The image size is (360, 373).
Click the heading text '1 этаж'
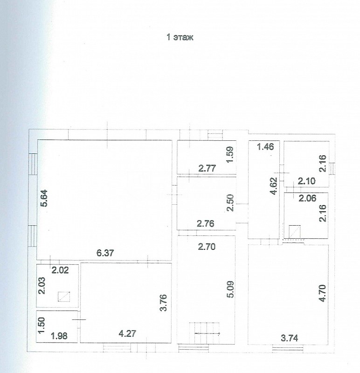pyautogui.click(x=180, y=37)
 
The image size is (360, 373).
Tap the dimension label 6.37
pyautogui.click(x=105, y=253)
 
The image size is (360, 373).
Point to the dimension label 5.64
pyautogui.click(x=44, y=198)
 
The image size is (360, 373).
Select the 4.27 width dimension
pyautogui.click(x=127, y=333)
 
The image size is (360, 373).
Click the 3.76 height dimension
pyautogui.click(x=164, y=303)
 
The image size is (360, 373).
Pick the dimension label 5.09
pyautogui.click(x=230, y=289)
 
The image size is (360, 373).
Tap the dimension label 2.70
pyautogui.click(x=207, y=247)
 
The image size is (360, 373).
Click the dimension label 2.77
pyautogui.click(x=207, y=168)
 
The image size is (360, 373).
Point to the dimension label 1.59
pyautogui.click(x=230, y=155)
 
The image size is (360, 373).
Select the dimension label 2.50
pyautogui.click(x=230, y=203)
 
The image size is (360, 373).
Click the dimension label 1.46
pyautogui.click(x=265, y=146)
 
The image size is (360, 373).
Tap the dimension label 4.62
pyautogui.click(x=274, y=186)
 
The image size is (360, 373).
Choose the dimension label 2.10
pyautogui.click(x=307, y=181)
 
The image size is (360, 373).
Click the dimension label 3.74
pyautogui.click(x=289, y=338)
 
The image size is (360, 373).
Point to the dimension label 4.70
pyautogui.click(x=322, y=293)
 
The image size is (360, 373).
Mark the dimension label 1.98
pyautogui.click(x=60, y=336)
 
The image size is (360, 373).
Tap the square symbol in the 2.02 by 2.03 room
pyautogui.click(x=64, y=297)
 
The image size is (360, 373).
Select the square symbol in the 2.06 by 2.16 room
pyautogui.click(x=295, y=231)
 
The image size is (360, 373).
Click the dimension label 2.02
pyautogui.click(x=60, y=270)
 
